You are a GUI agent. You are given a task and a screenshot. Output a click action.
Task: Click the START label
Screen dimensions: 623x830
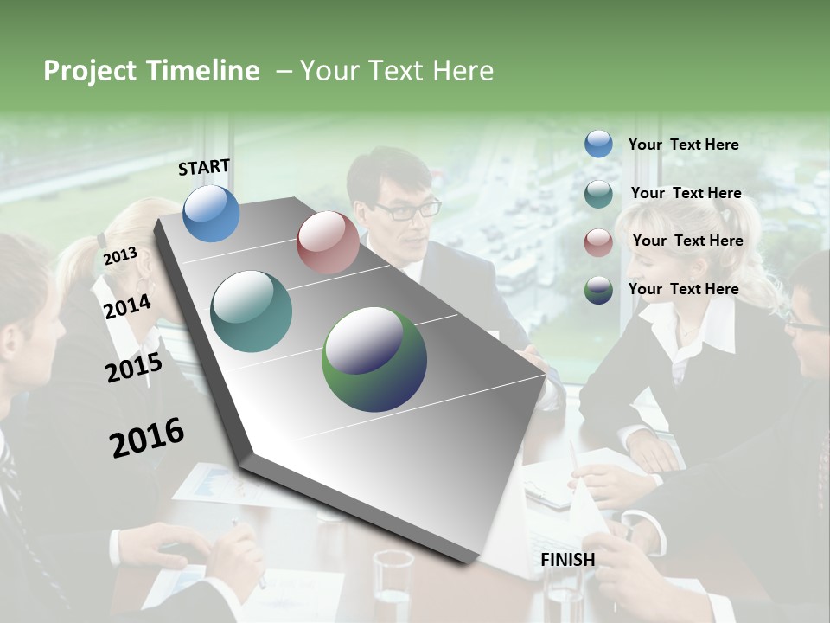[204, 167]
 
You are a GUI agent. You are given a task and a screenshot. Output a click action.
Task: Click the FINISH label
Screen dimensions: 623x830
[568, 560]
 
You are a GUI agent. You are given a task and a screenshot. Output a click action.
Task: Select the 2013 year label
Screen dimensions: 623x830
[120, 256]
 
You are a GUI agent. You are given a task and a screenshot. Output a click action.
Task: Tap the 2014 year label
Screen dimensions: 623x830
[128, 306]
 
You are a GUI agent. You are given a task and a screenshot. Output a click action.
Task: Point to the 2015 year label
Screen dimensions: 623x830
[134, 368]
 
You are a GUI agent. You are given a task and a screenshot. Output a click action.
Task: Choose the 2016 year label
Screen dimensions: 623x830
[147, 438]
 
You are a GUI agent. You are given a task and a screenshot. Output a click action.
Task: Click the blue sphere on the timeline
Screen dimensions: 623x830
[211, 213]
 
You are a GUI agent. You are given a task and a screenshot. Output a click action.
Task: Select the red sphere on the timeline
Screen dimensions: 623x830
[328, 242]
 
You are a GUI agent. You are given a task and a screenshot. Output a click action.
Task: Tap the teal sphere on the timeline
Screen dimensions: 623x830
[252, 311]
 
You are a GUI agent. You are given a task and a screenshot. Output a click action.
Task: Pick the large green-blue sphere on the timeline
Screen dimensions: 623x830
[374, 359]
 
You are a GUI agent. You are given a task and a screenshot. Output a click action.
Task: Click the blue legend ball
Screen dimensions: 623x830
[598, 145]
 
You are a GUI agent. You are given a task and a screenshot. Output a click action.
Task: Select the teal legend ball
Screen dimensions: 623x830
[598, 194]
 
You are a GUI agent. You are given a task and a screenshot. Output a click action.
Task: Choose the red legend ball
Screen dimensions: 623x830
[598, 242]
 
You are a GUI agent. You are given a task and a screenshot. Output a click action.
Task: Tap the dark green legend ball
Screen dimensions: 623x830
[598, 290]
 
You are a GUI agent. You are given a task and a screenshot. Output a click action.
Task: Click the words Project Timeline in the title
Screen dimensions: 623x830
[151, 71]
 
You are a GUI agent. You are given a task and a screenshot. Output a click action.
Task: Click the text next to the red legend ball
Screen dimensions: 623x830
[687, 241]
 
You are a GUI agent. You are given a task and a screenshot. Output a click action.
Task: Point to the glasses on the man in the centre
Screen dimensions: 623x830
[408, 209]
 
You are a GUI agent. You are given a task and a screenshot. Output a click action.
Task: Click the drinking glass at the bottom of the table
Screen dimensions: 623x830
[393, 584]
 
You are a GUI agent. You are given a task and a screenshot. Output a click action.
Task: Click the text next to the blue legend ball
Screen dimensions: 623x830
[683, 145]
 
